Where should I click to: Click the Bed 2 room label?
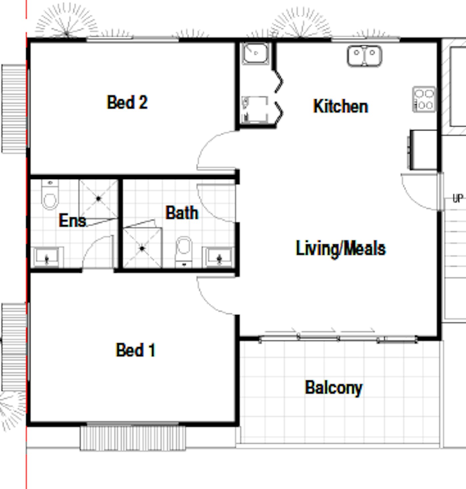pyautogui.click(x=127, y=102)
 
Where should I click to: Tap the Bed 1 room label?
pyautogui.click(x=136, y=350)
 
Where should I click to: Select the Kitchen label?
pyautogui.click(x=341, y=107)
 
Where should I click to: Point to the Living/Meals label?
pyautogui.click(x=341, y=248)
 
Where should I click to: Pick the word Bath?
pyautogui.click(x=182, y=213)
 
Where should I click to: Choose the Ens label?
pyautogui.click(x=73, y=220)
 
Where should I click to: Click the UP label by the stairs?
pyautogui.click(x=458, y=198)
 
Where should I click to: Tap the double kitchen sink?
pyautogui.click(x=364, y=56)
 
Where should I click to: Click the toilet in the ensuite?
pyautogui.click(x=50, y=195)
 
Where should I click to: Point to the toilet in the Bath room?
pyautogui.click(x=184, y=252)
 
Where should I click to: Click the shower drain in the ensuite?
pyautogui.click(x=99, y=199)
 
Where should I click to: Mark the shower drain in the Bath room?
pyautogui.click(x=142, y=248)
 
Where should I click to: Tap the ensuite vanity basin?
pyautogui.click(x=47, y=257)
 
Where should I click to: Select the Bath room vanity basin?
pyautogui.click(x=218, y=257)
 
